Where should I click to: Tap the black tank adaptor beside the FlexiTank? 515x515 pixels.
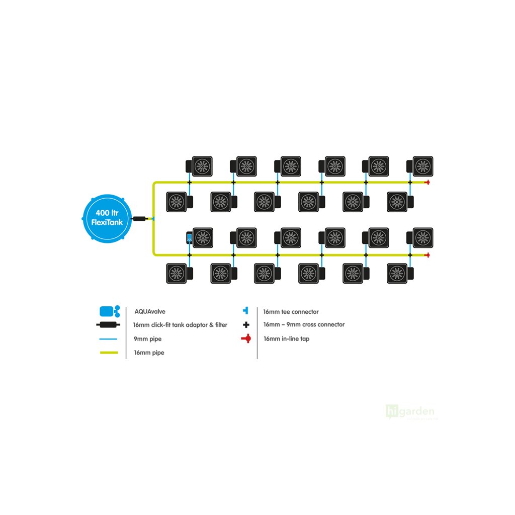tap(139, 219)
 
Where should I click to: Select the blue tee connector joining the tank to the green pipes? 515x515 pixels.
tap(153, 219)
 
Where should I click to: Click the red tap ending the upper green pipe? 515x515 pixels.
tap(427, 183)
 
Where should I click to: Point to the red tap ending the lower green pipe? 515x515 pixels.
tap(427, 255)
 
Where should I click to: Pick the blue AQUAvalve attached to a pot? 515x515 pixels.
tap(189, 238)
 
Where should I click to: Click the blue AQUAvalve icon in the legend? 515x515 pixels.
tap(109, 311)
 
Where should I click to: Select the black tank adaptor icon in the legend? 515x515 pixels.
tap(109, 325)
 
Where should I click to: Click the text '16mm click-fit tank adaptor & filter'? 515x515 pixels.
tap(181, 325)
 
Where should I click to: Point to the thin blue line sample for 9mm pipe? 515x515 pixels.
tap(109, 339)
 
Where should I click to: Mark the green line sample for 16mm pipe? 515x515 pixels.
tap(109, 353)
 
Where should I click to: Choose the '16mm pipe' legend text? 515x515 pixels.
tap(149, 353)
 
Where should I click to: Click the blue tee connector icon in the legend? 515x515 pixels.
tap(245, 311)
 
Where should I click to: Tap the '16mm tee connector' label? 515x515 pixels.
tap(291, 312)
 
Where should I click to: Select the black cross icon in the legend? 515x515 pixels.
tap(246, 325)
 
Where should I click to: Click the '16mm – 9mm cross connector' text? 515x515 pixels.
tap(304, 325)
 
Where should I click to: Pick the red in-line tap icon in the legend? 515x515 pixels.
tap(246, 339)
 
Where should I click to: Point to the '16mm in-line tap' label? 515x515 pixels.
tap(286, 339)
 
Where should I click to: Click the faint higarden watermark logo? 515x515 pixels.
tap(410, 412)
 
